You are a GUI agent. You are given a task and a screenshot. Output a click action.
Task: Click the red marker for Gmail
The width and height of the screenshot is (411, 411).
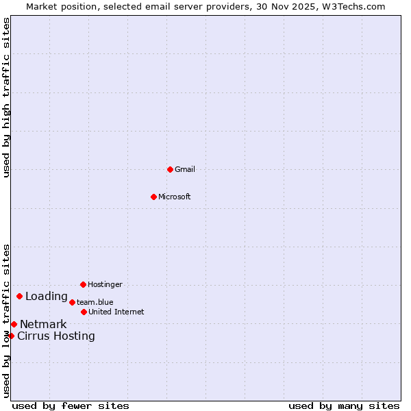pos(170,169)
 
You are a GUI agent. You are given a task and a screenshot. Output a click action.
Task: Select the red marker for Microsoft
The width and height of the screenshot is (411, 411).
pos(154,197)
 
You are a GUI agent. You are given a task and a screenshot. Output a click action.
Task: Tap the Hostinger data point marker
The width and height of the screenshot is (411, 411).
pos(83,284)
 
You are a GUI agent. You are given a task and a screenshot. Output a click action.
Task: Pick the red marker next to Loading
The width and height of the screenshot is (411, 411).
pos(20,297)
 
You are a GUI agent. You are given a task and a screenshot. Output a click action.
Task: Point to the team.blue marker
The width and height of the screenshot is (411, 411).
pos(72,302)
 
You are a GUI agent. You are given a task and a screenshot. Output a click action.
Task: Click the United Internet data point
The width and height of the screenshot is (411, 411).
pos(84,312)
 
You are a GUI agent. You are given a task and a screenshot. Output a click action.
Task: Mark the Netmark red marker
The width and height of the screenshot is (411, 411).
pos(14,324)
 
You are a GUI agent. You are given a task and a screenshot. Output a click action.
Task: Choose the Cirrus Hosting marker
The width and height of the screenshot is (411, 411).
pos(11,336)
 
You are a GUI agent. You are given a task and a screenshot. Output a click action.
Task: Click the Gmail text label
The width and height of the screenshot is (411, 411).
pos(185,169)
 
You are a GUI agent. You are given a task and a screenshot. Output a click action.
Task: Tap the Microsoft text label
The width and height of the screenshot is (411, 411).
pos(175,197)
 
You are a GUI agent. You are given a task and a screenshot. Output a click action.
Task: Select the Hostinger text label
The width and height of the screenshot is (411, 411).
pos(105,284)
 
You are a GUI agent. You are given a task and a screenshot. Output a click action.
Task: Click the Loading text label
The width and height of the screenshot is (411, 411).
pos(47,297)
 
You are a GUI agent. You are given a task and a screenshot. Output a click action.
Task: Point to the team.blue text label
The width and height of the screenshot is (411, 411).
pos(95,302)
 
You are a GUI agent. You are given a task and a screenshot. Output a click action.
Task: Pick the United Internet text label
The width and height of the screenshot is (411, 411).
pos(116,312)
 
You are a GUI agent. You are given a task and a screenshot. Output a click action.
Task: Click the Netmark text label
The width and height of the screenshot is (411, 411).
pos(43,324)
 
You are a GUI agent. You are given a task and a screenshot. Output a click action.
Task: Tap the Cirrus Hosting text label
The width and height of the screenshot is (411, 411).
pos(56,336)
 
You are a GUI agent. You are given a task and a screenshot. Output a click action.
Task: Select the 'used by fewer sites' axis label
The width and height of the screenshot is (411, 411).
pos(71,406)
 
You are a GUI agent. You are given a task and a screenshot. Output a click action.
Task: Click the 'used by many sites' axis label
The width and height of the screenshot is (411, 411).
pos(344,406)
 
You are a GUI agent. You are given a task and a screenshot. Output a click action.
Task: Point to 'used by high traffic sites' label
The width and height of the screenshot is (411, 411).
pos(7,97)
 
